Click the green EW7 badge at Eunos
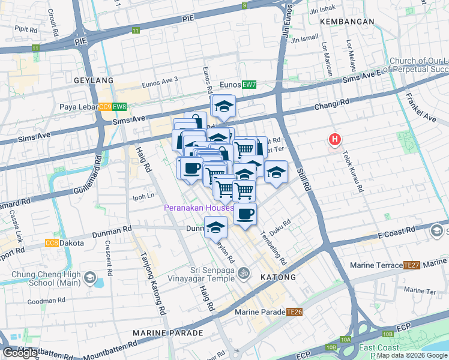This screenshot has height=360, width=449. click(249, 85)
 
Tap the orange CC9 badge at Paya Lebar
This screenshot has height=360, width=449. click(105, 107)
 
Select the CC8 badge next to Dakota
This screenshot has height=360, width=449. click(52, 243)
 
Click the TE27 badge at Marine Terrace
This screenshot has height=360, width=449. click(411, 265)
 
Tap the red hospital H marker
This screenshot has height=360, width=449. click(334, 140)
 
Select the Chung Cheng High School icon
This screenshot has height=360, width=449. click(89, 277)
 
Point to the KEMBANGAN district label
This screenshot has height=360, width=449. click(347, 22)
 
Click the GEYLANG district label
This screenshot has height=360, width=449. click(93, 80)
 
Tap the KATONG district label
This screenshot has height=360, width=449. click(278, 278)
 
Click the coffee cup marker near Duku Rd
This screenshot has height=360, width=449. click(244, 214)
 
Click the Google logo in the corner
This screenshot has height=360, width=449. click(20, 353)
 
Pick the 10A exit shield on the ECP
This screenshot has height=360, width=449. click(345, 340)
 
